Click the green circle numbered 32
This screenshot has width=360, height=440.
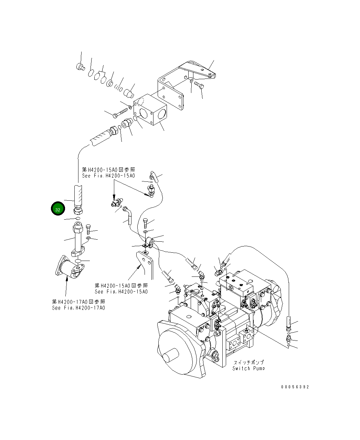(x=57, y=209)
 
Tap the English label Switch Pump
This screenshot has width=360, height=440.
(x=248, y=368)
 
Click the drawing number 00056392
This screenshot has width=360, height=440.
(x=295, y=387)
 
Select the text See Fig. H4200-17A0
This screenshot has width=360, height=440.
(x=78, y=307)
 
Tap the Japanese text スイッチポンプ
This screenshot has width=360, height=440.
(x=248, y=362)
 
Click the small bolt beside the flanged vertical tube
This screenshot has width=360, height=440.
(x=88, y=229)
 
